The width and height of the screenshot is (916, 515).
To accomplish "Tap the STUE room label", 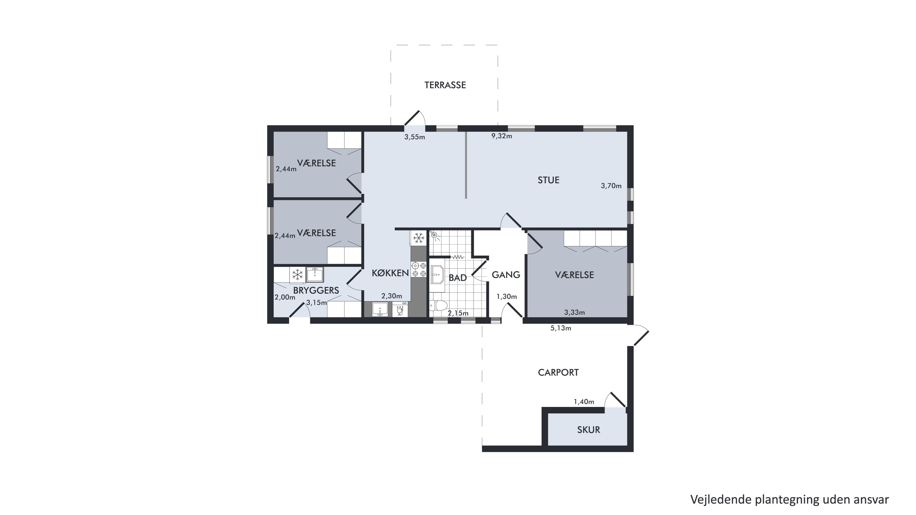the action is (x=548, y=180).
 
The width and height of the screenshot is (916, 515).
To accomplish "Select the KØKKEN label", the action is (x=390, y=273).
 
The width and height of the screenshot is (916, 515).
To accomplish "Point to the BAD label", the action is (x=457, y=278).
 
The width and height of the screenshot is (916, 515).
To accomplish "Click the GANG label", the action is (x=506, y=275).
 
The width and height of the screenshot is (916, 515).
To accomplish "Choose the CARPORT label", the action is (x=558, y=372).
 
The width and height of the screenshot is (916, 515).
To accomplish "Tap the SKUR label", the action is (x=588, y=430).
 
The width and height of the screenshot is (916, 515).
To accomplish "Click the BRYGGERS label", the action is (x=316, y=290).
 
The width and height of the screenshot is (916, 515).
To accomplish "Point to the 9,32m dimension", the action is (x=502, y=136).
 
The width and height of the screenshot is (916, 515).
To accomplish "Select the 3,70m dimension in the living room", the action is (x=611, y=186).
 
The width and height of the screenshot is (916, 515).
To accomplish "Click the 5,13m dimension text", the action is (x=560, y=328).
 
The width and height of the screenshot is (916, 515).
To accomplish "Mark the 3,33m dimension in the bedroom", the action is (x=574, y=312).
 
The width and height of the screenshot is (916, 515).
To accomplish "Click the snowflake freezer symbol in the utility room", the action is (x=297, y=274).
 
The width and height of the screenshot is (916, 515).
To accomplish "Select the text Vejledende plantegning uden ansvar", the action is (x=790, y=499).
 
